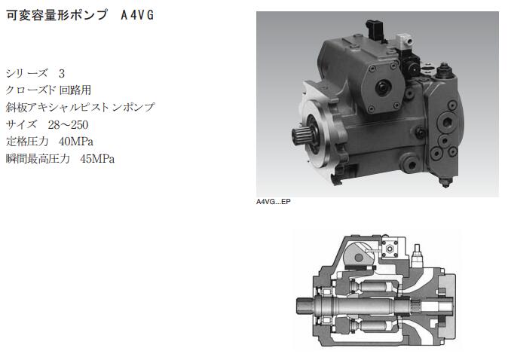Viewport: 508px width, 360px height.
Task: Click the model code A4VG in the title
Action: (x=137, y=15)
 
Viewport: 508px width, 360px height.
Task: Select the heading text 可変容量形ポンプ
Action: (x=57, y=15)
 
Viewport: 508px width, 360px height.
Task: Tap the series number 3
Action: (x=62, y=74)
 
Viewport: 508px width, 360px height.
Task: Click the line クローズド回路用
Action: (x=48, y=90)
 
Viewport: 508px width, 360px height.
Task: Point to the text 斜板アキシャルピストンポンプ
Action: (x=81, y=107)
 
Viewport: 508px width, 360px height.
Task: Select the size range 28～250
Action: (x=68, y=124)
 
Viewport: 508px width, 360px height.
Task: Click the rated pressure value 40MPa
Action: (x=76, y=142)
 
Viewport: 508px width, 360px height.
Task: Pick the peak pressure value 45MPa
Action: (x=97, y=159)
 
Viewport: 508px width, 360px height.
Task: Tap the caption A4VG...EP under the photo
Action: (x=273, y=202)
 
